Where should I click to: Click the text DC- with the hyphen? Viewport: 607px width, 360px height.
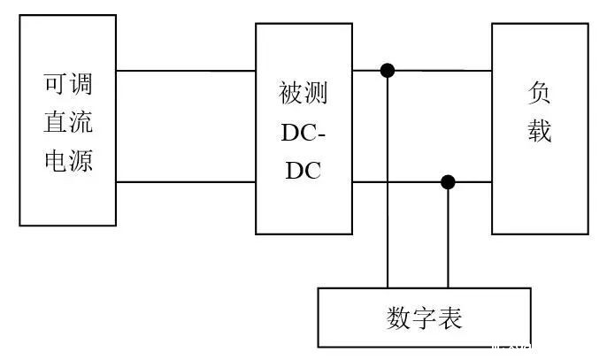tap(303, 133)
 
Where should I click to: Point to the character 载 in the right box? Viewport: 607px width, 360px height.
tap(540, 133)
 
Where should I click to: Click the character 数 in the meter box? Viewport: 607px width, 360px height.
tap(399, 317)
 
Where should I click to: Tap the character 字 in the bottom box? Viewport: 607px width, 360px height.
tap(425, 317)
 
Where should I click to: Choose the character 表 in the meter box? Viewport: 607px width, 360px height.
tap(450, 317)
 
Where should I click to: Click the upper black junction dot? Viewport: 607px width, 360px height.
tap(388, 70)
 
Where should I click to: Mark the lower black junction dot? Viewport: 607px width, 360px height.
tap(448, 182)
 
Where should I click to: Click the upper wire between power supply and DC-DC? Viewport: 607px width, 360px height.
tap(186, 71)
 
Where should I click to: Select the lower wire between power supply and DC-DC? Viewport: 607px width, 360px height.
tap(186, 182)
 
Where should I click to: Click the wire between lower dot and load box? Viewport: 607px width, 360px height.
tap(471, 182)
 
